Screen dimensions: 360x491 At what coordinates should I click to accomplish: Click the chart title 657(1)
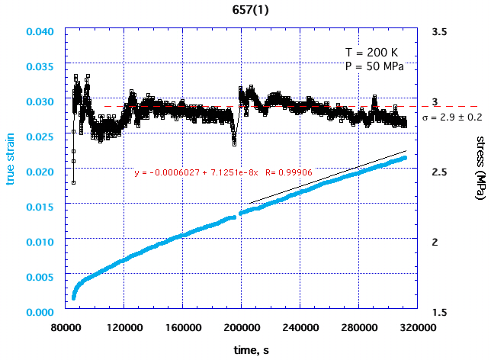245,11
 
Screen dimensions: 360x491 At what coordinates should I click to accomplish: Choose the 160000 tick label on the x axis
181,326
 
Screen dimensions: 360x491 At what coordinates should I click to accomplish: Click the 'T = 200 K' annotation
371,53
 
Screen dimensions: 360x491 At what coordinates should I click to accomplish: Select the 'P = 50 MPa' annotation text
374,66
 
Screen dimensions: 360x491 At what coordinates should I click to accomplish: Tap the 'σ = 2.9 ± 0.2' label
451,117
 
